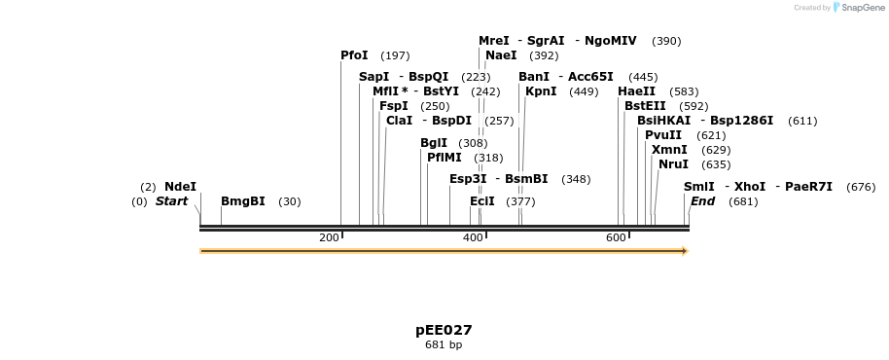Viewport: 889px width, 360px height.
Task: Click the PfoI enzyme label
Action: point(354,55)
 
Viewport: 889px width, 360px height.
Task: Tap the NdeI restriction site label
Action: point(180,187)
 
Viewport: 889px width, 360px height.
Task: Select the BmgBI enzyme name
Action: point(242,201)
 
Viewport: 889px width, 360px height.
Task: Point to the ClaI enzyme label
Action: point(399,121)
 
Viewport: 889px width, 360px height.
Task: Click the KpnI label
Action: point(541,91)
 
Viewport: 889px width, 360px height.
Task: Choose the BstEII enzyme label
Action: point(645,106)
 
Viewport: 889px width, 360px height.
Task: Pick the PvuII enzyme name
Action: point(663,135)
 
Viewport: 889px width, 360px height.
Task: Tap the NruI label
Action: point(673,164)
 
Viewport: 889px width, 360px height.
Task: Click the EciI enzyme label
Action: point(482,201)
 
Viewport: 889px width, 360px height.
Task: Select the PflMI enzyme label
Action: point(444,158)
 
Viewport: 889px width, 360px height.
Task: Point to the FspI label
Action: point(394,106)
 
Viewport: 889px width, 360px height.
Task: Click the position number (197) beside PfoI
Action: point(395,55)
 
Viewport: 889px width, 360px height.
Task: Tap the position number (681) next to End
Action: point(742,201)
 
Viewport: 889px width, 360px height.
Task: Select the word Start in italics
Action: point(171,201)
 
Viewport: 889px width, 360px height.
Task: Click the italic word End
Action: point(702,201)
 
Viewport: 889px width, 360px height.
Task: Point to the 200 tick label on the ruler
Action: point(329,238)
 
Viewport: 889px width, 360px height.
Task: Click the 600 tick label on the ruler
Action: point(616,238)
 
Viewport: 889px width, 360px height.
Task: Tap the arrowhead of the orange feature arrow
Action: point(685,251)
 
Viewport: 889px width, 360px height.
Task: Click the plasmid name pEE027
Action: point(444,330)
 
